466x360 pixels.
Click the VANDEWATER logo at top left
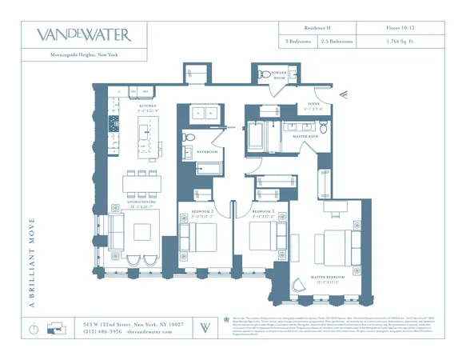tap(83, 34)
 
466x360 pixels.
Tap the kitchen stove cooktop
tap(114, 124)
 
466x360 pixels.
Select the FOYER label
tap(313, 104)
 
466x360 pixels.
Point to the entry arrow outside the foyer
tap(343, 94)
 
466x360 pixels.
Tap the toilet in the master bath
tap(323, 128)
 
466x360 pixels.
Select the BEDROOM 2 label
tap(201, 212)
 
